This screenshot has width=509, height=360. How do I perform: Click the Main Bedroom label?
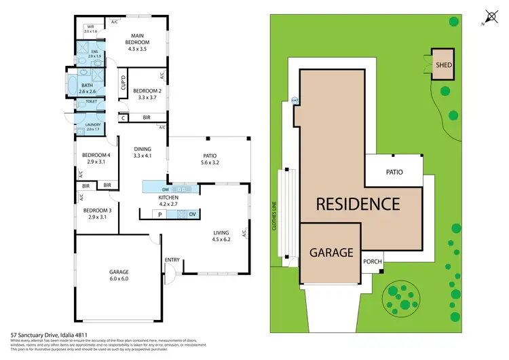pos(137,42)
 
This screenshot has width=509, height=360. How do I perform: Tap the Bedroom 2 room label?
pos(147,94)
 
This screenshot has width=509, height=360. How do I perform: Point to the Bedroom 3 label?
pos(97,214)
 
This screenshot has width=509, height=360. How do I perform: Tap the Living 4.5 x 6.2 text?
pos(222,235)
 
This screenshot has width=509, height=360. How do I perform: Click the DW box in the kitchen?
pos(166,189)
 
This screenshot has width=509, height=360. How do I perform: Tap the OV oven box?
pos(192,215)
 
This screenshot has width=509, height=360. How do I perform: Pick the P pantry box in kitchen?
pos(160,215)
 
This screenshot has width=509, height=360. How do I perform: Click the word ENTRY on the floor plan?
pos(172,260)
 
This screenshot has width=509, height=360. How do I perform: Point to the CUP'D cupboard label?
pos(124,84)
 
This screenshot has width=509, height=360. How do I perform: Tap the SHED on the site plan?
pos(444,65)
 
